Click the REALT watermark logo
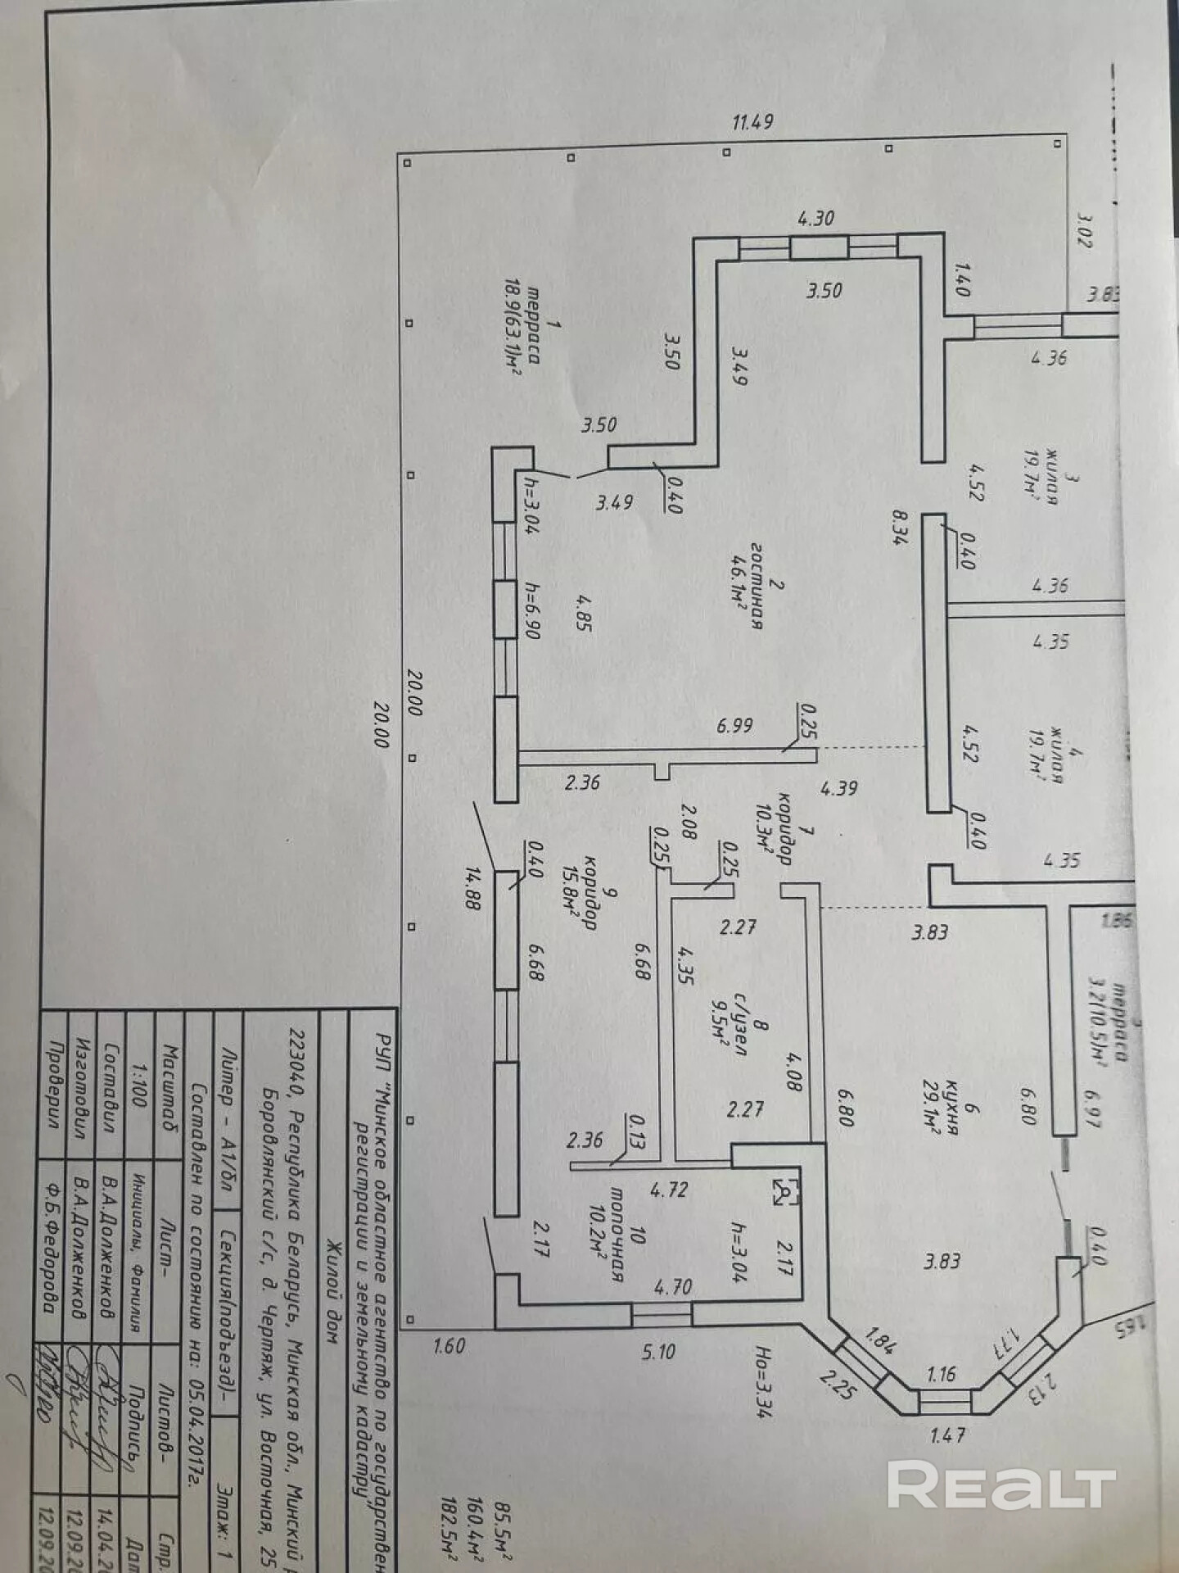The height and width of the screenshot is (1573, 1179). tap(1001, 1485)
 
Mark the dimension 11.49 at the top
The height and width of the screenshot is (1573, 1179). tap(752, 123)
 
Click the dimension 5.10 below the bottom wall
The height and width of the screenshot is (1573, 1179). tap(658, 1351)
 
